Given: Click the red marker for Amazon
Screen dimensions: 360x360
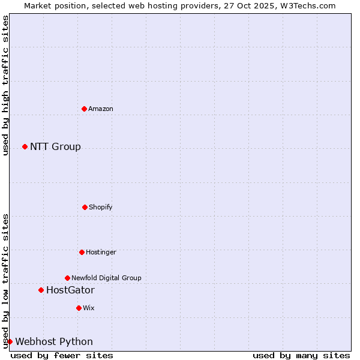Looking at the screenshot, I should pyautogui.click(x=84, y=109).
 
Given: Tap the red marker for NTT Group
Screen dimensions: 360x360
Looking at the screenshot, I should pyautogui.click(x=25, y=146).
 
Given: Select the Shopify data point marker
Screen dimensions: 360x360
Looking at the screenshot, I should pyautogui.click(x=85, y=207).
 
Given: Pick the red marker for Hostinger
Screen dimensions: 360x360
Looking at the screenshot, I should pyautogui.click(x=82, y=252).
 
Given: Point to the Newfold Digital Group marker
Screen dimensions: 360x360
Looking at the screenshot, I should pyautogui.click(x=67, y=278).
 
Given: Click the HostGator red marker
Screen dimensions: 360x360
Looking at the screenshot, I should pyautogui.click(x=41, y=290).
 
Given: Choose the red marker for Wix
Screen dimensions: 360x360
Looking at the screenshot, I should pyautogui.click(x=79, y=308).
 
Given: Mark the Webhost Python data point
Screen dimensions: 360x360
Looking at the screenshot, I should pyautogui.click(x=10, y=341).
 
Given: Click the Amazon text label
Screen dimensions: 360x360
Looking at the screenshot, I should pyautogui.click(x=101, y=109).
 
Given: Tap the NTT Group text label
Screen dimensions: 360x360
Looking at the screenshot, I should pyautogui.click(x=55, y=146).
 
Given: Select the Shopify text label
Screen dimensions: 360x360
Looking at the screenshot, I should pyautogui.click(x=101, y=207).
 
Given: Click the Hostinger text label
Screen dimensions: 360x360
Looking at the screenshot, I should pyautogui.click(x=101, y=252).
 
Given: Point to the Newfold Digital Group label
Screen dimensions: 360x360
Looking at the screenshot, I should pyautogui.click(x=106, y=278).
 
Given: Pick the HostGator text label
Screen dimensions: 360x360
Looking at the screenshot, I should pyautogui.click(x=70, y=290).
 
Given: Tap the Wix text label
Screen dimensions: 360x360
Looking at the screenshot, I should pyautogui.click(x=89, y=308).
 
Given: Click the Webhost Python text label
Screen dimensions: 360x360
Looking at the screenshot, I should pyautogui.click(x=54, y=341).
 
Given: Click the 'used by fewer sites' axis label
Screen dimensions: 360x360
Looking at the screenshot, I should pyautogui.click(x=62, y=355).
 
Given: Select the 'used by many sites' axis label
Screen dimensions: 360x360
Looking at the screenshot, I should pyautogui.click(x=301, y=355).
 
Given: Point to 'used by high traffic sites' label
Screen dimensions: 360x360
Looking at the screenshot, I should pyautogui.click(x=5, y=85).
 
